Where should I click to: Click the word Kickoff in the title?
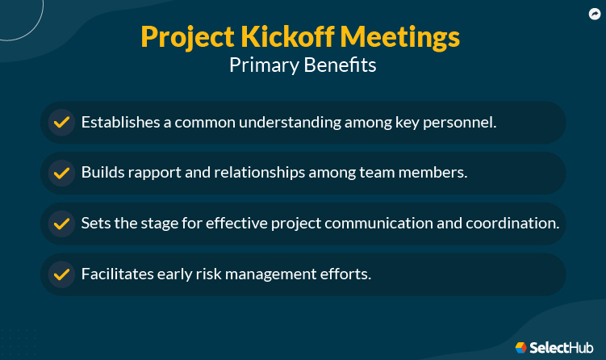287,37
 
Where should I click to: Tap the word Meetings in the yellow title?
400,38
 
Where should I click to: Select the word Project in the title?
187,38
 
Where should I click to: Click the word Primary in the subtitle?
264,65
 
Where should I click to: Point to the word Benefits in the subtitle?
340,65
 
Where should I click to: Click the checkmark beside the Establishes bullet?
61,122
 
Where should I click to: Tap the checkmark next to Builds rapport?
61,173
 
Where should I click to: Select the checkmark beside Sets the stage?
61,224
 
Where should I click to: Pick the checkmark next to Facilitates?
61,274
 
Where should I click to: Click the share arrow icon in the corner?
595,15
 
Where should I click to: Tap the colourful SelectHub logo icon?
521,348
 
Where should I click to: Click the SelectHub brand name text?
561,348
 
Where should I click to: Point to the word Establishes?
120,122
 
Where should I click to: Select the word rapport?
155,173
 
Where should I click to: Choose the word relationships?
260,173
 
